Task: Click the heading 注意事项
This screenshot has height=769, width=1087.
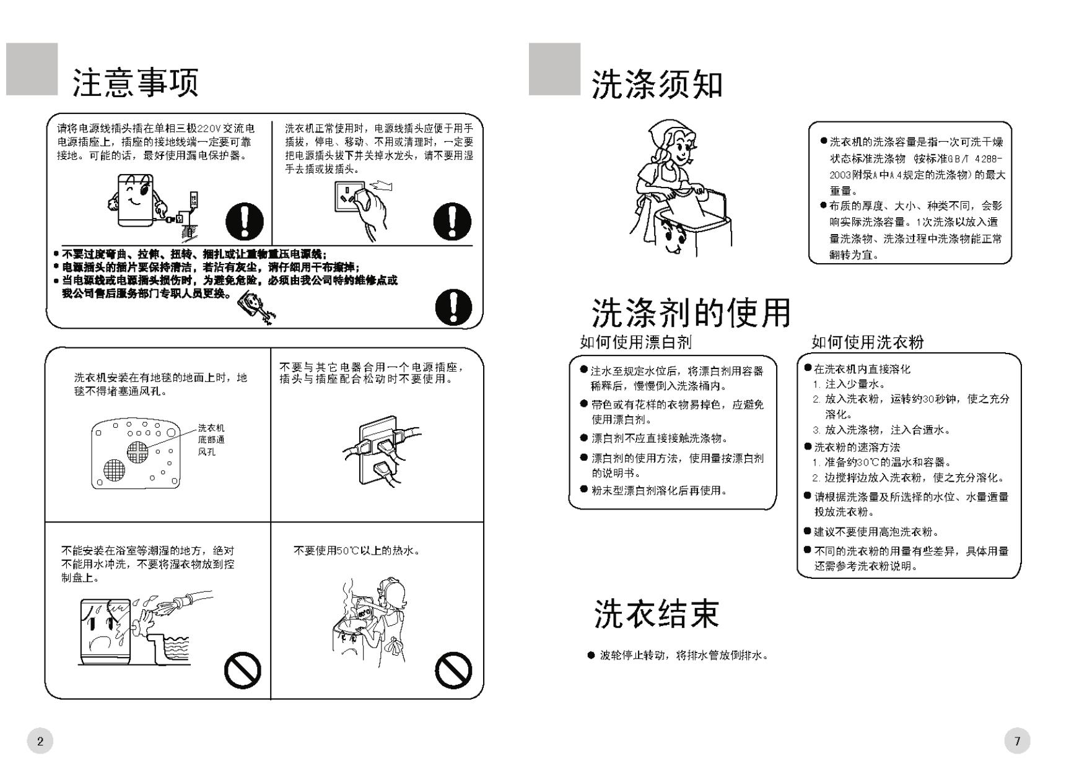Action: (136, 83)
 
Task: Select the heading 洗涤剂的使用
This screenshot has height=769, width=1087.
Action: (691, 313)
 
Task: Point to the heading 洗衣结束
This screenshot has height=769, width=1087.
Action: (657, 614)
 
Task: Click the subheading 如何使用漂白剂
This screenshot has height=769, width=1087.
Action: (635, 342)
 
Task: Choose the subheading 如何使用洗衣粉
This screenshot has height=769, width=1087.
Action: (867, 342)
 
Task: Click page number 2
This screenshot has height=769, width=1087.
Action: (40, 741)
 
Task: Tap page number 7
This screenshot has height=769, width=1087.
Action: (1017, 741)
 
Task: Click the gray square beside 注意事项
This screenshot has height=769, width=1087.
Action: (32, 69)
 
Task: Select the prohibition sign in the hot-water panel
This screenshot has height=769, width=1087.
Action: (453, 670)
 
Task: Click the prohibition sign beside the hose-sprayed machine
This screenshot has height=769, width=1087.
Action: (242, 670)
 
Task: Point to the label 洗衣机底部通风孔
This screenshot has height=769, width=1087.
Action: (211, 440)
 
